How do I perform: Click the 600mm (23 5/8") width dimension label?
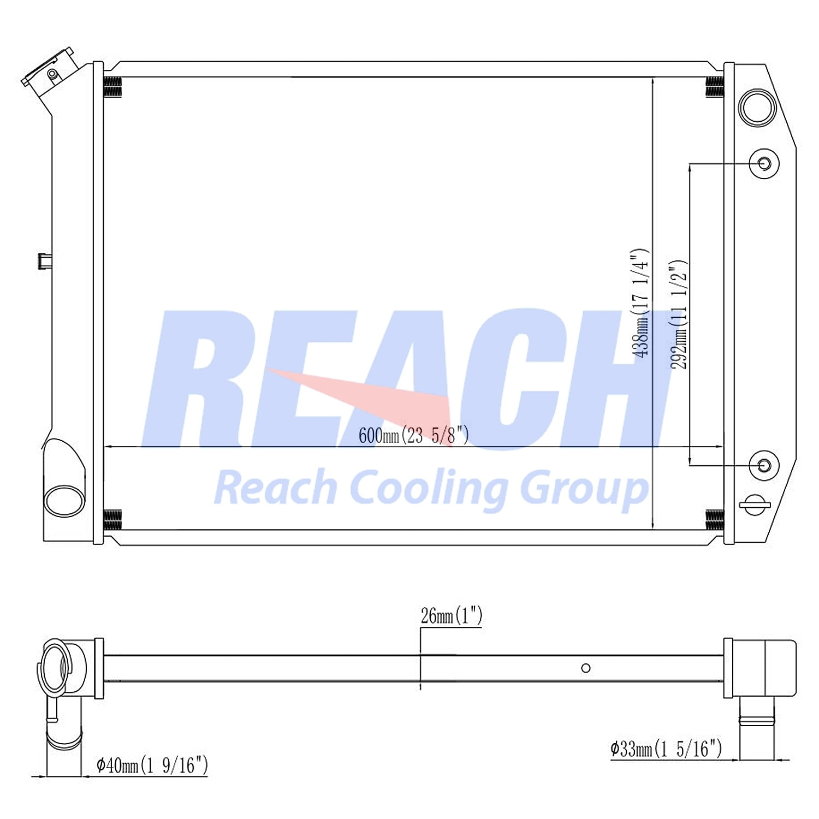click(413, 435)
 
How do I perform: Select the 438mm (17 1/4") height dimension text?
click(640, 303)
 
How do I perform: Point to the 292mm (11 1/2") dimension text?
click(679, 314)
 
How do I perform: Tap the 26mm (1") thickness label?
click(452, 616)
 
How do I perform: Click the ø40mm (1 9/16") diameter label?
click(152, 765)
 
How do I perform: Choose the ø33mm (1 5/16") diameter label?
click(666, 748)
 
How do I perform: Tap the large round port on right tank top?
click(757, 108)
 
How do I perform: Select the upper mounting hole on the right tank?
click(764, 164)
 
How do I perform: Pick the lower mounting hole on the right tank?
click(764, 466)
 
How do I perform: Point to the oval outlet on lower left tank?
click(64, 501)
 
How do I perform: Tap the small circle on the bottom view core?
click(586, 668)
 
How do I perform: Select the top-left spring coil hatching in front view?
click(112, 87)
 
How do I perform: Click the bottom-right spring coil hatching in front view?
click(715, 519)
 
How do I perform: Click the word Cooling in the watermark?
click(428, 488)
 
